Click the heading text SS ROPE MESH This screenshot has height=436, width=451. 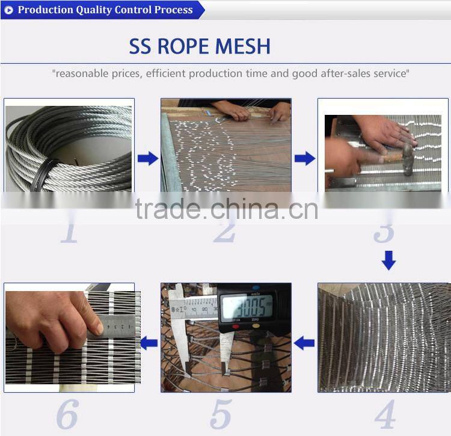coord(200,46)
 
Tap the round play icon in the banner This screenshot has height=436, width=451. coord(8,10)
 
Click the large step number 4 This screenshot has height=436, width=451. coord(384,414)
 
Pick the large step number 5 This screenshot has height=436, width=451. coord(221,414)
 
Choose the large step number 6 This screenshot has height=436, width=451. coord(67,414)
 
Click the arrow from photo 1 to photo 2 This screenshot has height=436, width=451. coord(148,159)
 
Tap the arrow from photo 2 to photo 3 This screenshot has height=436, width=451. coord(304,159)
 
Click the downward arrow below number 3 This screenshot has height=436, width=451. coord(389,260)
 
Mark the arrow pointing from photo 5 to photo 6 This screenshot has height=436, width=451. coord(149,343)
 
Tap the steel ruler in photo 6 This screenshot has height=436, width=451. coord(114,325)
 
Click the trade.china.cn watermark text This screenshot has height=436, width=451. coord(226,209)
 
